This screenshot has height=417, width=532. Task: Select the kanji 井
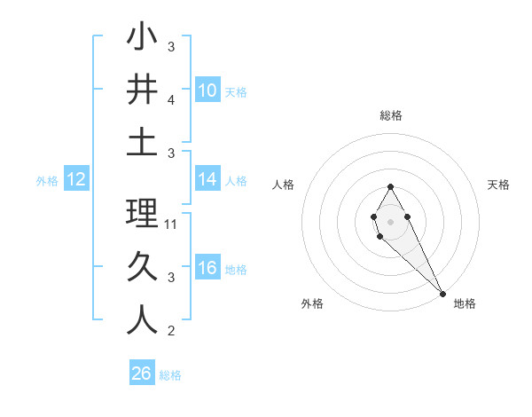(142, 90)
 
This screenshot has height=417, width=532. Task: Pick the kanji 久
(142, 266)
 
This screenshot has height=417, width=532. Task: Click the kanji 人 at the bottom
(142, 319)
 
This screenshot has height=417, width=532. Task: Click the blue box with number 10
(207, 90)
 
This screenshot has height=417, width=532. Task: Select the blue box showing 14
(207, 179)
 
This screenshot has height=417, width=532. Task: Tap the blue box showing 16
(207, 268)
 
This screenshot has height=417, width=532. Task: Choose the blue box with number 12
(76, 179)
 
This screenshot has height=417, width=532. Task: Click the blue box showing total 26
(142, 374)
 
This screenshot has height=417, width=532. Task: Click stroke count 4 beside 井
(171, 102)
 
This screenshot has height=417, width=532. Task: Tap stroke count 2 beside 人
(171, 332)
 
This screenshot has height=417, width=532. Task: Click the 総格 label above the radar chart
(390, 115)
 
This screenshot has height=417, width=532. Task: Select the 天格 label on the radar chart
(498, 185)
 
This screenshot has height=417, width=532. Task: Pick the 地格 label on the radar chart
(465, 303)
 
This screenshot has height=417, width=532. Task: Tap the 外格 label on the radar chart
(312, 303)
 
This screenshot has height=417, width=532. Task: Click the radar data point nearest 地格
(442, 294)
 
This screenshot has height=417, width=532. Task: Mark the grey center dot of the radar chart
(390, 220)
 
